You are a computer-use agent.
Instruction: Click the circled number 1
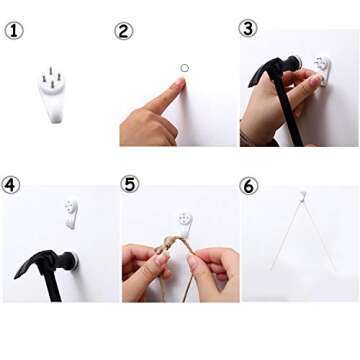14,31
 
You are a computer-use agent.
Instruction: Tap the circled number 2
124,31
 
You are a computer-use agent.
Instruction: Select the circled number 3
248,28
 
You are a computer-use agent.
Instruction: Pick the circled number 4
11,185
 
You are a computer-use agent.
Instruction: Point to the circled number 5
130,184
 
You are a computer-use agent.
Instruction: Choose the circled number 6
249,186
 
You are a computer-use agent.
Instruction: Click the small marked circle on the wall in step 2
185,68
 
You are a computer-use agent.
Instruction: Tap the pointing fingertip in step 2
181,82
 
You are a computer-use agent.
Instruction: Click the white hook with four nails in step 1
52,95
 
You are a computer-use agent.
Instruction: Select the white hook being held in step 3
323,71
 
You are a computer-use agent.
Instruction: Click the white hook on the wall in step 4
71,214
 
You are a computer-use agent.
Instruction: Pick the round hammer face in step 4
75,261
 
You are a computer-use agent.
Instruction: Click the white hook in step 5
185,224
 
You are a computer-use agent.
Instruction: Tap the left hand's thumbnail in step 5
162,259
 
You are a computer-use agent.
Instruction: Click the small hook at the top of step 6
302,196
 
